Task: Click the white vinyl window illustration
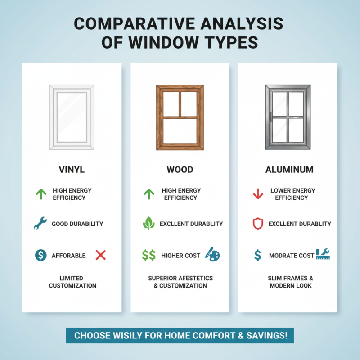(72, 117)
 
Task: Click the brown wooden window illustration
(180, 117)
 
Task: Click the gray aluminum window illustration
(288, 117)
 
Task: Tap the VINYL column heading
(72, 170)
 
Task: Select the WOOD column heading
(180, 170)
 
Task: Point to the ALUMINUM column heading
(288, 170)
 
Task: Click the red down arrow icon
(258, 194)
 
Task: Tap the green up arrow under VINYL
(41, 194)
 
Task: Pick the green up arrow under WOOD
(148, 194)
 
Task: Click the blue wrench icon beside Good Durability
(40, 223)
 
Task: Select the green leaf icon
(148, 223)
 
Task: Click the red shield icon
(257, 224)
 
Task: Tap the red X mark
(101, 255)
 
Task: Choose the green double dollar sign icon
(149, 255)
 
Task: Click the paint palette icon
(212, 254)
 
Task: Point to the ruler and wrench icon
(323, 254)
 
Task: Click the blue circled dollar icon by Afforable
(40, 255)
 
